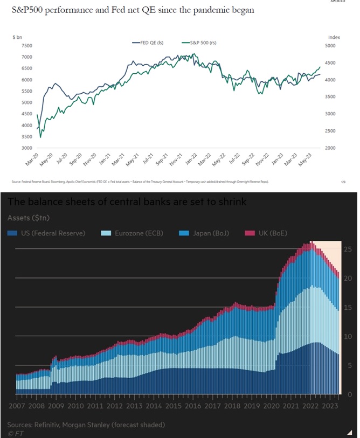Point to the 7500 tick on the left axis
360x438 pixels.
point(25,46)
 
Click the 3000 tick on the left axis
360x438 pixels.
point(25,148)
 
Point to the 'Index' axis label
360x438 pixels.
point(334,37)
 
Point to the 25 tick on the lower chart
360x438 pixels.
point(348,249)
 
